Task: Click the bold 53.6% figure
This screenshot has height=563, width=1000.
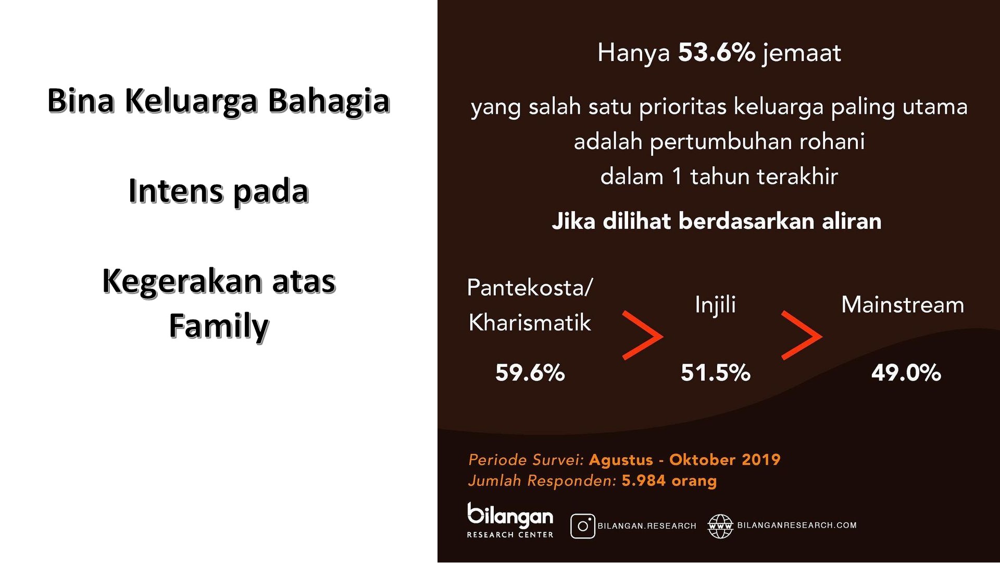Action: click(x=716, y=53)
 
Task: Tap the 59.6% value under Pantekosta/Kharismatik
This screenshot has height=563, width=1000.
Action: click(x=530, y=373)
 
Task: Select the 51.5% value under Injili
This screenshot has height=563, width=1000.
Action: click(x=716, y=373)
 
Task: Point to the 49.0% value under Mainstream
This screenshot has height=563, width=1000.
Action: click(x=906, y=373)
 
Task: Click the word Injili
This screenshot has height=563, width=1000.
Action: click(x=715, y=305)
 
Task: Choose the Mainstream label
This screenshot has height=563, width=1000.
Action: click(x=903, y=304)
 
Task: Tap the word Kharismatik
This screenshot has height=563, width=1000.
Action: click(x=530, y=323)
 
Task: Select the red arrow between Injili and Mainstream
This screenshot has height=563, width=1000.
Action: click(x=802, y=335)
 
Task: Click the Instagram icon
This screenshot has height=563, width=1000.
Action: click(x=583, y=526)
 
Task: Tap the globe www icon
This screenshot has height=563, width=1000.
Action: click(x=720, y=526)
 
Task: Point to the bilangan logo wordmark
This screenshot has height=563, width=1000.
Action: click(x=510, y=516)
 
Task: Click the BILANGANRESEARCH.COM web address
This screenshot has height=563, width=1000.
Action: click(x=797, y=525)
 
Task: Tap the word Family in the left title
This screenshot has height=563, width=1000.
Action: click(x=219, y=327)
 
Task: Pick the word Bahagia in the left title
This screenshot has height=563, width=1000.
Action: click(x=329, y=101)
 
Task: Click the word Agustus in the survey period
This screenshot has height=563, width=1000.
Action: click(x=621, y=460)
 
